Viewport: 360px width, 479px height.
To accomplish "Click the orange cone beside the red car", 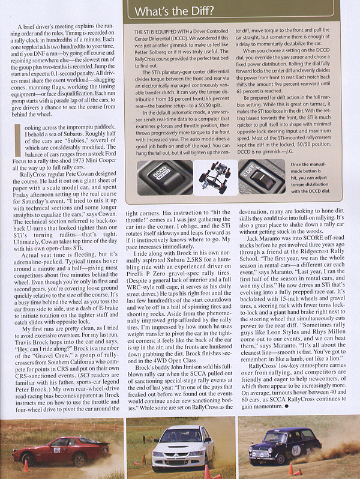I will (x=25, y=465).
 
